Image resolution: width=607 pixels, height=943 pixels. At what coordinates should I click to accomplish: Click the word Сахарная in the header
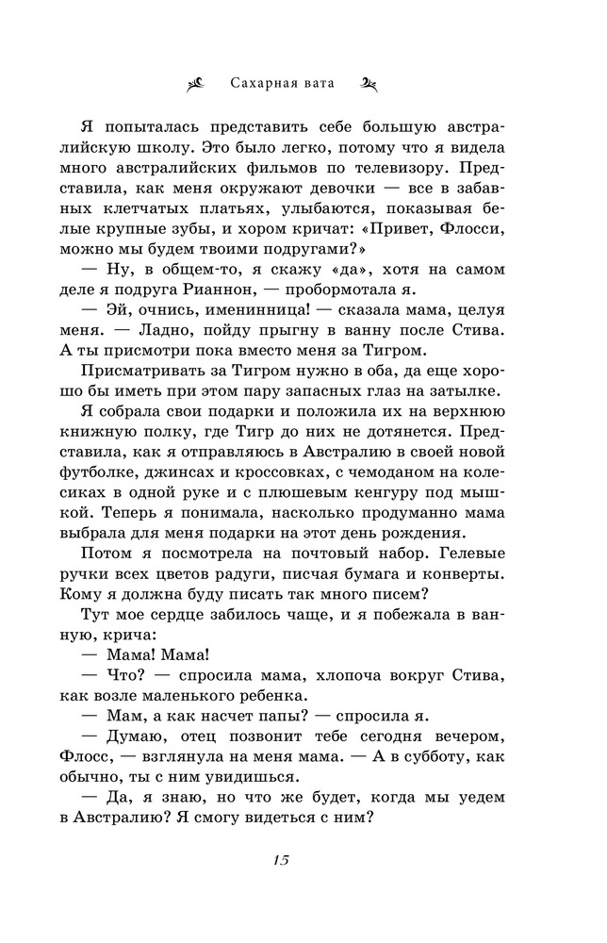266,83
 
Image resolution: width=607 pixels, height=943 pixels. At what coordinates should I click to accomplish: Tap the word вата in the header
330,83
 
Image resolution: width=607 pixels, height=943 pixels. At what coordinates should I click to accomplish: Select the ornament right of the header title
369,83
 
